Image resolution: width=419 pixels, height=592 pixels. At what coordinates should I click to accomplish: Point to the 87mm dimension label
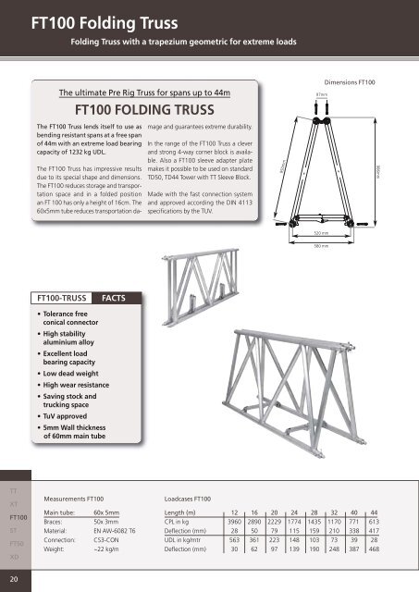pos(321,93)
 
